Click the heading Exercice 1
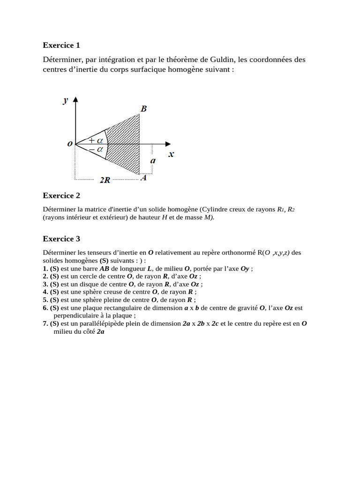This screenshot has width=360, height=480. pyautogui.click(x=61, y=45)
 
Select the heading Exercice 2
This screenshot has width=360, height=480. pyautogui.click(x=61, y=195)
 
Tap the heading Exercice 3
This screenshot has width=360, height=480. pyautogui.click(x=61, y=239)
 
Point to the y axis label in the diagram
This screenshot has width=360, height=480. pyautogui.click(x=66, y=100)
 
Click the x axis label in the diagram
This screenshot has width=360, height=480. pyautogui.click(x=171, y=153)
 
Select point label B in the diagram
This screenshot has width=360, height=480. pyautogui.click(x=143, y=109)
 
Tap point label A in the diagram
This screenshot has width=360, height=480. pyautogui.click(x=144, y=178)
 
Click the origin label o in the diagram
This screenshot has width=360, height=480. pyautogui.click(x=70, y=144)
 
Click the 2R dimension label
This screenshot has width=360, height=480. pyautogui.click(x=105, y=180)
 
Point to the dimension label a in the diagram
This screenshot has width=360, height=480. pyautogui.click(x=153, y=160)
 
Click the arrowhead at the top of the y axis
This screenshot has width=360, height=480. pyautogui.click(x=75, y=99)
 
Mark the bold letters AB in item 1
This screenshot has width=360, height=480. pyautogui.click(x=105, y=269)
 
